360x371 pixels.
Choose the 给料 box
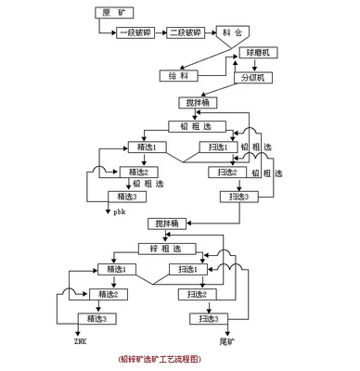click(x=176, y=74)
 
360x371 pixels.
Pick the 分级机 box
click(x=254, y=78)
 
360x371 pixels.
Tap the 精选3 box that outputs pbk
click(x=125, y=196)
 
